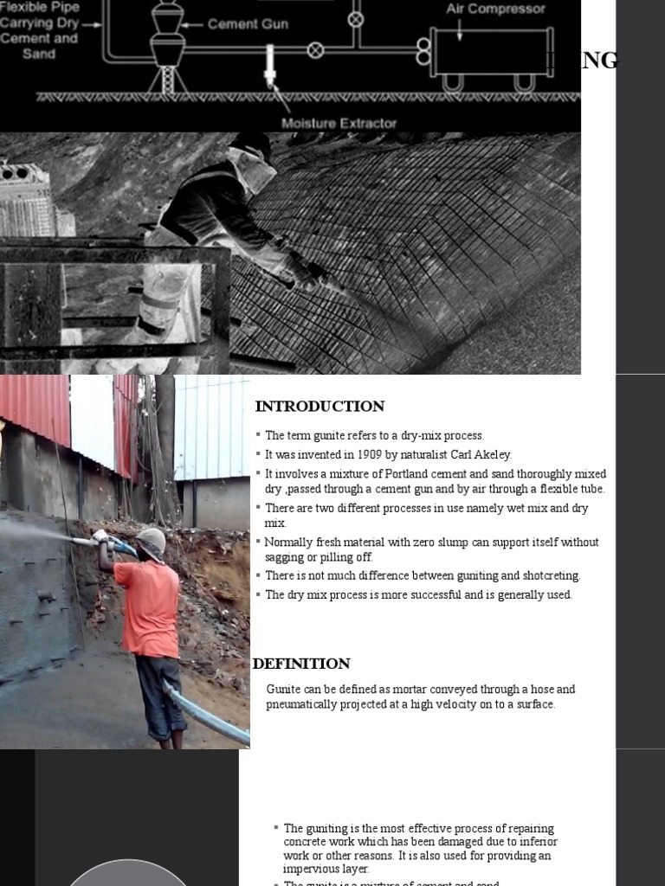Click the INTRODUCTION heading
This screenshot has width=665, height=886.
click(x=320, y=406)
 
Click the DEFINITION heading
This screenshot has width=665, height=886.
click(x=301, y=664)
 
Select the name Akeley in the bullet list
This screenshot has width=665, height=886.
click(x=492, y=454)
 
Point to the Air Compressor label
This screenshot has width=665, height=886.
click(x=495, y=10)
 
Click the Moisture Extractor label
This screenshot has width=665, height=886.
click(x=339, y=123)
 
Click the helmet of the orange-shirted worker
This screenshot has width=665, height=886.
click(x=152, y=541)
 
